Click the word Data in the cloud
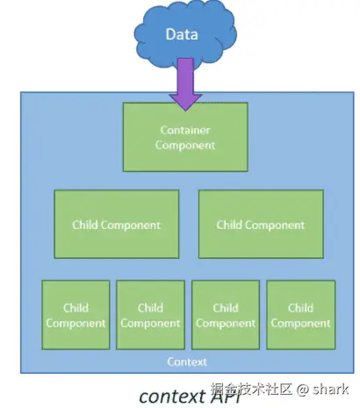182,34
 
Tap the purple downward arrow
185,84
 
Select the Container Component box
185,137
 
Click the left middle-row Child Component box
117,224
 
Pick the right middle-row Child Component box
261,224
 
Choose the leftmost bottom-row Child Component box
76,315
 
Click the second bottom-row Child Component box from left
150,315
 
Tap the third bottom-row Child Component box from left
226,315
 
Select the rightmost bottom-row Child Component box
301,315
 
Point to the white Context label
187,361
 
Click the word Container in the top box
185,130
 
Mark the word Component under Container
185,145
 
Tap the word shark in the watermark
330,389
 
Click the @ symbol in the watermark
302,390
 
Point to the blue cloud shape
185,32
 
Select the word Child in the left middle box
84,225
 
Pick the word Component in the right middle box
277,225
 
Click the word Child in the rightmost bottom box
300,308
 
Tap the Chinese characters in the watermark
252,389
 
